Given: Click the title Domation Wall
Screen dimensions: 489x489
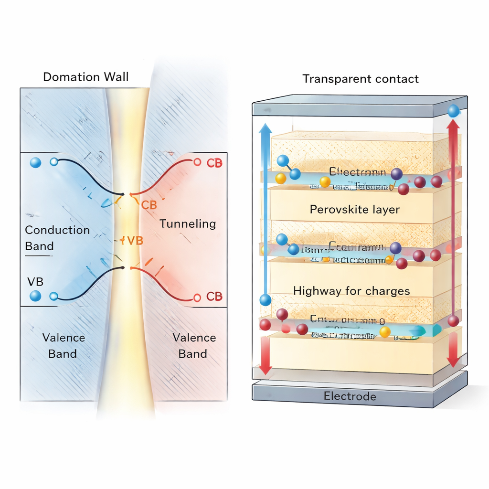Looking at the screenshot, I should pyautogui.click(x=86, y=77).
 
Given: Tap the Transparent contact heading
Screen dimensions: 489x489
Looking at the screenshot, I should pyautogui.click(x=361, y=79).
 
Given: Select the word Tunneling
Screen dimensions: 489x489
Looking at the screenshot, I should pyautogui.click(x=188, y=223).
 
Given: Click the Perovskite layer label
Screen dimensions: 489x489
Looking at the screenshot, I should pyautogui.click(x=355, y=209).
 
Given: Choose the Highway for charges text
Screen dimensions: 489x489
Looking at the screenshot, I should pyautogui.click(x=351, y=290).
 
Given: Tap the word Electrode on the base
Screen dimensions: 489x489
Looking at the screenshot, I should pyautogui.click(x=350, y=396).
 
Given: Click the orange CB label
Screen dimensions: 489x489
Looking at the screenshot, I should pyautogui.click(x=149, y=205).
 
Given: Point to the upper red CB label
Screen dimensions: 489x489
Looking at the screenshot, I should pyautogui.click(x=214, y=162).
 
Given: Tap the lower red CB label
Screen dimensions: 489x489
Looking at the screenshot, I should pyautogui.click(x=214, y=297).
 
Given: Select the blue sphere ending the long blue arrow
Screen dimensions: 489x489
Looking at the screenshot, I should pyautogui.click(x=266, y=300).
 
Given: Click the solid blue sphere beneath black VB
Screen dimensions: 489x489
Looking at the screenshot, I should pyautogui.click(x=35, y=296).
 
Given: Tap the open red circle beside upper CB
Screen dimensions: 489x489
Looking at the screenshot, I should pyautogui.click(x=197, y=162).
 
